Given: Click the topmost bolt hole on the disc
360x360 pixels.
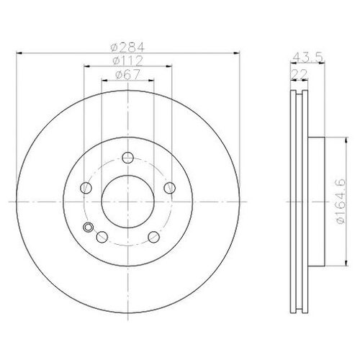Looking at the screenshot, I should coord(127,158).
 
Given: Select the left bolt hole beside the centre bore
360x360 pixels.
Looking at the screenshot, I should coord(86,189).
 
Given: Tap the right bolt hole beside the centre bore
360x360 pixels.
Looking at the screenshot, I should coord(169,189).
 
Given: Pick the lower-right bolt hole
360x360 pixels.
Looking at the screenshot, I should coord(153,238).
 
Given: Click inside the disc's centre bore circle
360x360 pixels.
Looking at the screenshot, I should coord(127,202).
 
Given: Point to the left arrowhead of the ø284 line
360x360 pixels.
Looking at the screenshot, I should coord(17,53).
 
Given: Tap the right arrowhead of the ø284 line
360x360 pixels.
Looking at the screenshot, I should coord(238,53).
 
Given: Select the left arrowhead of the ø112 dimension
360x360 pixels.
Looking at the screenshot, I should coord(86,66).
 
